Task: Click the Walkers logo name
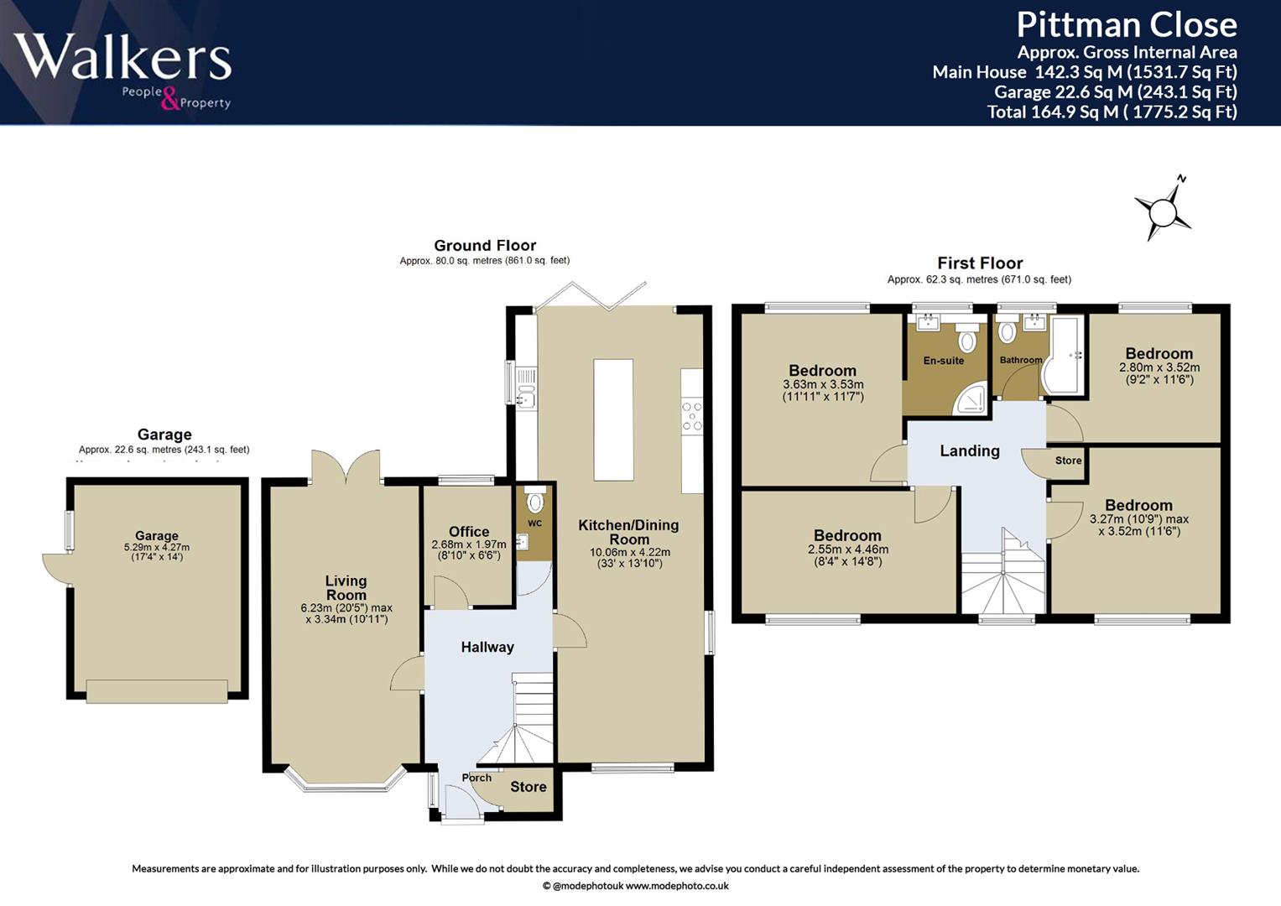click(x=123, y=56)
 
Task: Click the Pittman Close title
click(x=1127, y=25)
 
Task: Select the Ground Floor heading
click(x=485, y=245)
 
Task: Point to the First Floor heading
click(x=980, y=263)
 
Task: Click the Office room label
click(x=469, y=531)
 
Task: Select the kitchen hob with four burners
click(x=692, y=416)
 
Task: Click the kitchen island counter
click(x=613, y=419)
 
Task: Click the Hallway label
click(x=487, y=647)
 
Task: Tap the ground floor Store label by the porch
click(x=529, y=787)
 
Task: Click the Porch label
click(x=476, y=778)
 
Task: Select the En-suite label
click(x=944, y=361)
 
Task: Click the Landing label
click(x=970, y=450)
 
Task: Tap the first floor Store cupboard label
click(x=1068, y=461)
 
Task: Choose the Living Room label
click(x=346, y=587)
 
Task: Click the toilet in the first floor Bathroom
click(x=1007, y=331)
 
